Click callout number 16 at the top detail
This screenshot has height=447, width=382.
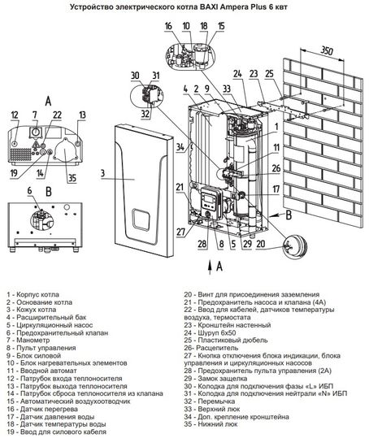(167, 26)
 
